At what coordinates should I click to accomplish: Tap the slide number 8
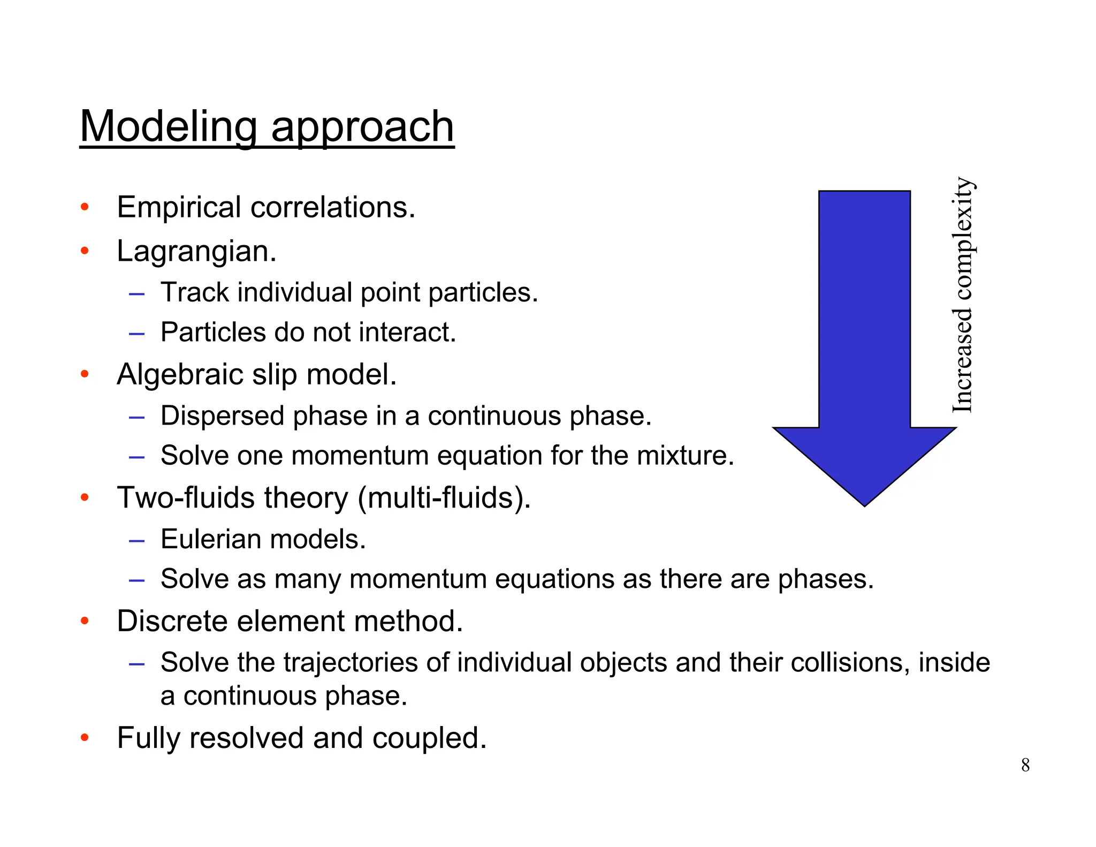point(1025,765)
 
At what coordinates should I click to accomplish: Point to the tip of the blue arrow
point(864,504)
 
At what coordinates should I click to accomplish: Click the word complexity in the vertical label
point(963,239)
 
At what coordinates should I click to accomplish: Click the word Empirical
point(179,208)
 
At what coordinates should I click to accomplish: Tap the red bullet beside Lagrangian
point(85,251)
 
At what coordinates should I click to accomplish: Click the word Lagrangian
point(196,252)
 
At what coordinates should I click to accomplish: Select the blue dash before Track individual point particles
point(136,293)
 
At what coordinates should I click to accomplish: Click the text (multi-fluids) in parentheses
point(444,498)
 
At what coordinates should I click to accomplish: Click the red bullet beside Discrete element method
point(85,621)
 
